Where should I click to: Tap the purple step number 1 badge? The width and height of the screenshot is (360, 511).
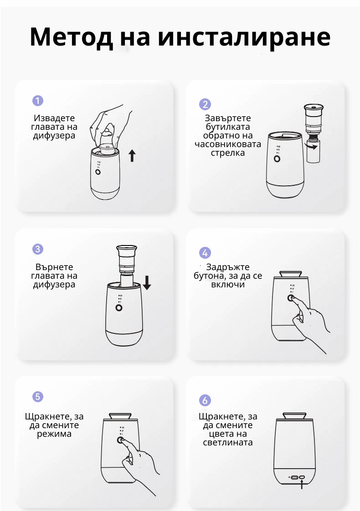(38, 100)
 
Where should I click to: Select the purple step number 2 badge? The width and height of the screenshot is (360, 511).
(205, 104)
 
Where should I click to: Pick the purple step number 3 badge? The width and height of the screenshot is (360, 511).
(38, 249)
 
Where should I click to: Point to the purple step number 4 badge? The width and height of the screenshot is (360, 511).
(205, 253)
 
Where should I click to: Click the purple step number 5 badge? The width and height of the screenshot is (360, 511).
(38, 397)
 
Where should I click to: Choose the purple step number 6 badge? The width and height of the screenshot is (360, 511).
(205, 400)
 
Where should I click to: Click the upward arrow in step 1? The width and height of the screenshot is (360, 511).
(132, 156)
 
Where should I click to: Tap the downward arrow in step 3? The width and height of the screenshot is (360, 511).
(147, 282)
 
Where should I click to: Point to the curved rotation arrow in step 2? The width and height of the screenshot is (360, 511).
(313, 147)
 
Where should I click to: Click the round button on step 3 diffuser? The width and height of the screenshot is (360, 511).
(119, 307)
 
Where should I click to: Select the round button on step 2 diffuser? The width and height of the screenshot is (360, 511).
(277, 159)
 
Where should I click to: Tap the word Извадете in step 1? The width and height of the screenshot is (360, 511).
(54, 118)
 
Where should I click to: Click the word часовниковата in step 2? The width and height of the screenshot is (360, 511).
(228, 144)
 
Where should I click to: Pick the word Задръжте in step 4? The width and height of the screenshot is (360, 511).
(228, 267)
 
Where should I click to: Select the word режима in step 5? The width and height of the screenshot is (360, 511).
(54, 434)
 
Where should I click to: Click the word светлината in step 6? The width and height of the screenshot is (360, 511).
(228, 442)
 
